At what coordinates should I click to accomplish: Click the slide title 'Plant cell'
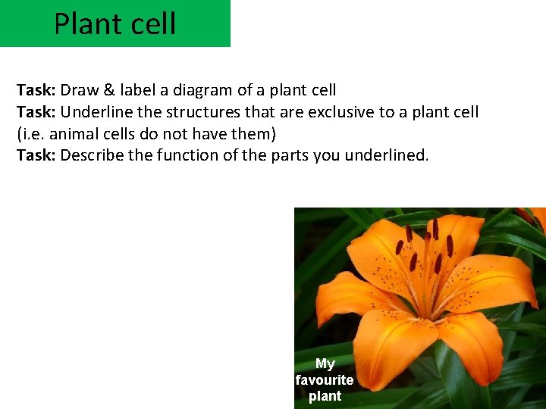click(115, 23)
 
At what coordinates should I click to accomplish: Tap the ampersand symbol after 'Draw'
click(109, 90)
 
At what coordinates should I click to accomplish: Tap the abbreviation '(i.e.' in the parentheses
click(33, 134)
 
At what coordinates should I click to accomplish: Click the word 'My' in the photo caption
click(325, 364)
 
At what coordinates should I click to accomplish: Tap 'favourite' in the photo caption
click(325, 379)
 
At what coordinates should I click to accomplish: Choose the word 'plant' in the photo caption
click(325, 396)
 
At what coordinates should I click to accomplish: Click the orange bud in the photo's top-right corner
click(536, 217)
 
